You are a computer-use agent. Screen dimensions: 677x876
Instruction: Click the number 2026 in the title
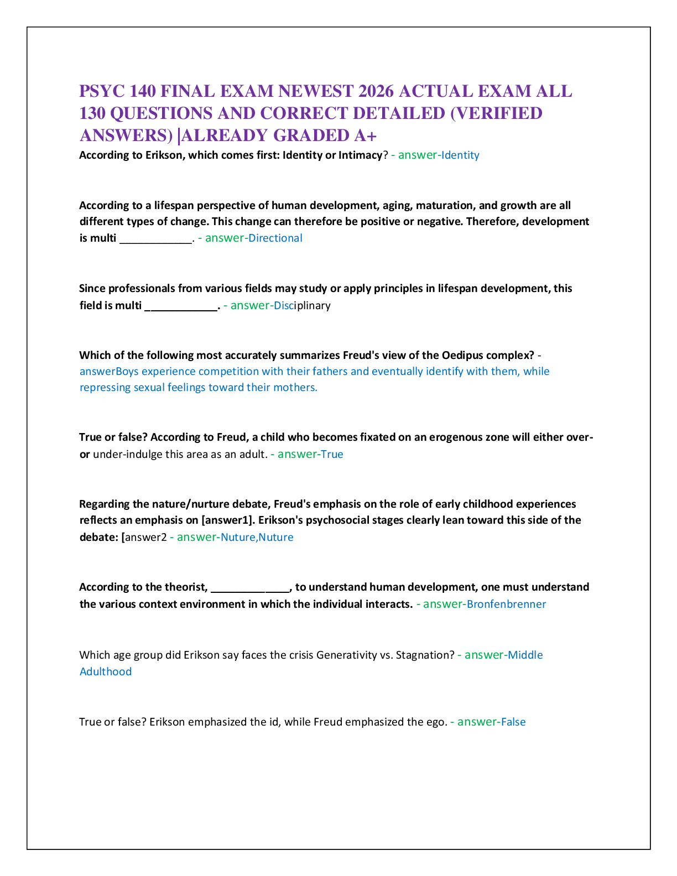coord(376,91)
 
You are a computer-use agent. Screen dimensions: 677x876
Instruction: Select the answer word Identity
coord(460,155)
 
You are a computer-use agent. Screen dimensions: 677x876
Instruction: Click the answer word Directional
coord(275,238)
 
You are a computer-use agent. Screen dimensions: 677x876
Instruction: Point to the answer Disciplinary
coord(302,306)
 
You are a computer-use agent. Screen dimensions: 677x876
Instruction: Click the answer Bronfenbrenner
coord(507,604)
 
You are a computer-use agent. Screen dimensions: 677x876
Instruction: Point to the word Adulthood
coord(106,671)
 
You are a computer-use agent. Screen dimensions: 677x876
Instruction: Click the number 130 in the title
coord(92,113)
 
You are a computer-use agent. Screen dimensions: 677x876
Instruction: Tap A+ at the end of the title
coord(365,135)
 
